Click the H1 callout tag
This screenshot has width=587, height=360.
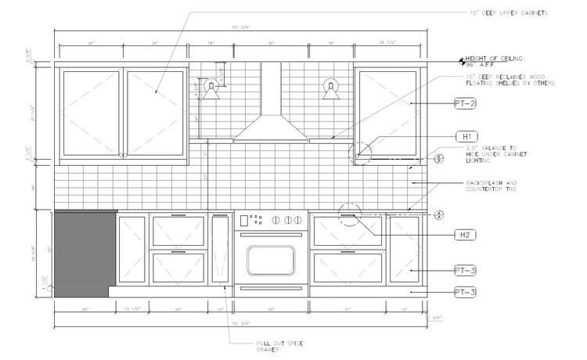[x=466, y=135]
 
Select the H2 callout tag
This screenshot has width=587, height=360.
[x=466, y=235]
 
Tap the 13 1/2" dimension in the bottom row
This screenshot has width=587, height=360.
[x=132, y=311]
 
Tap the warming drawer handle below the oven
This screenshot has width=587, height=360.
[x=271, y=288]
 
